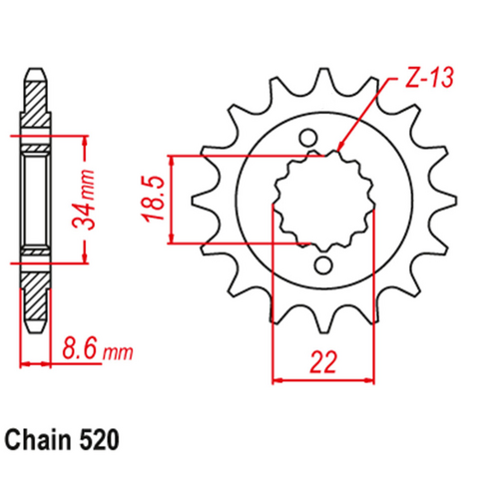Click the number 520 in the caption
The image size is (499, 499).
105,438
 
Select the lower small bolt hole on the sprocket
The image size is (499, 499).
323,264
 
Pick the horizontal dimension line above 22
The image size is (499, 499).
324,379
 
